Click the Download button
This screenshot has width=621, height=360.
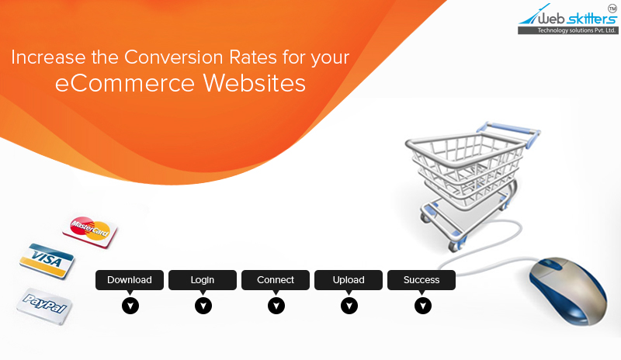(130, 280)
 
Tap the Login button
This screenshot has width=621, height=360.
(203, 280)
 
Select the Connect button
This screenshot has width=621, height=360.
(276, 280)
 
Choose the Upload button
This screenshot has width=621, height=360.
(349, 280)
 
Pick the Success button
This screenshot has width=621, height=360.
(422, 280)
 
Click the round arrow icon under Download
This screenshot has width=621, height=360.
(130, 306)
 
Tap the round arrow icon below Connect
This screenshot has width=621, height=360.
(276, 306)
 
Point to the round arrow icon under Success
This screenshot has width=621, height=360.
(423, 306)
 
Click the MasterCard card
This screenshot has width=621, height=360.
(90, 232)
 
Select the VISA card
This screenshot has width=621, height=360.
(47, 261)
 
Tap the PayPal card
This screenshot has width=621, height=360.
(44, 306)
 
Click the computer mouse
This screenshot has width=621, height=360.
(568, 290)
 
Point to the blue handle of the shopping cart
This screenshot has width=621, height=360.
(509, 130)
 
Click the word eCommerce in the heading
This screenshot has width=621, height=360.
(125, 83)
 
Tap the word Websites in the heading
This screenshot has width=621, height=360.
(255, 83)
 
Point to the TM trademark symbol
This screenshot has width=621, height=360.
(612, 9)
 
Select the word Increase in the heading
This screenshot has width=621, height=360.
(48, 57)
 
